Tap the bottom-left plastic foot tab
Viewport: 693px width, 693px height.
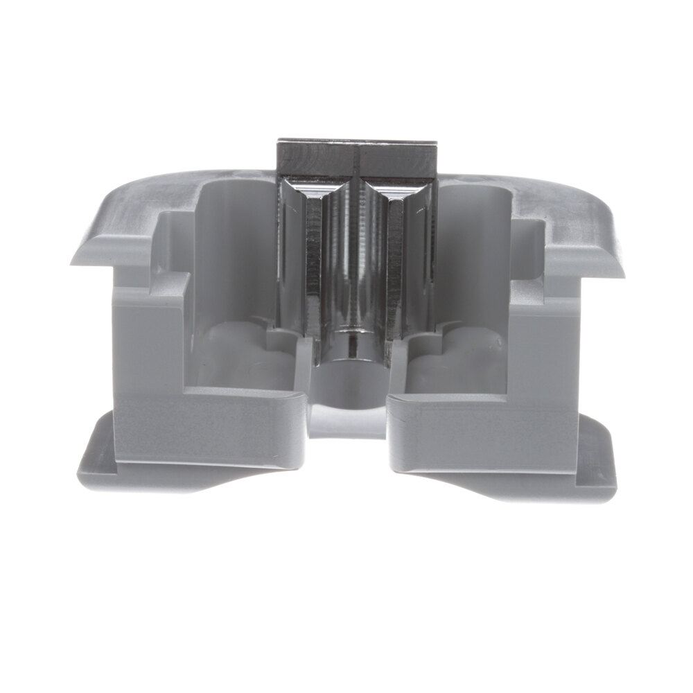click(104, 464)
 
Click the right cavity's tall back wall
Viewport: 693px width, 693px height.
click(471, 249)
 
